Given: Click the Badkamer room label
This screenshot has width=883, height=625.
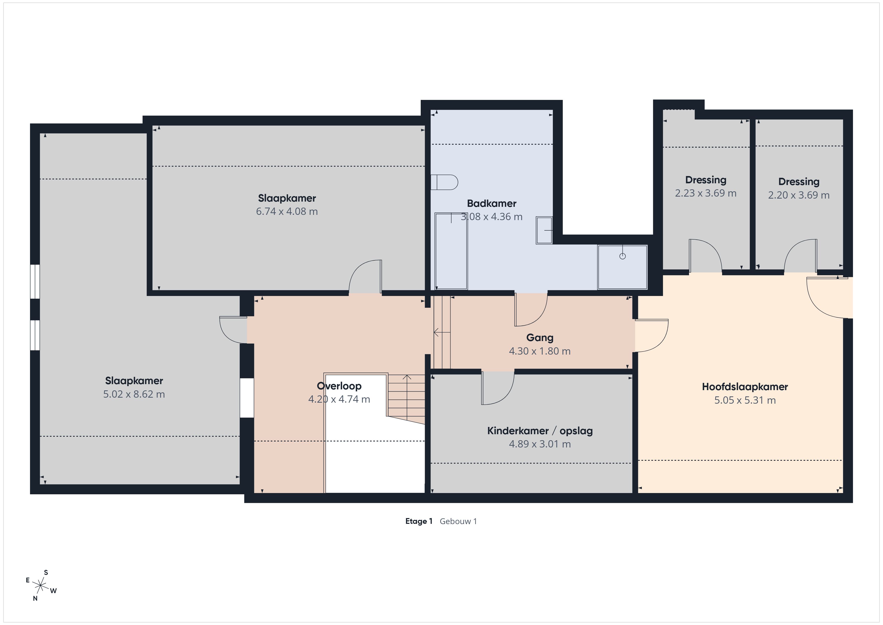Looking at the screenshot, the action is (x=492, y=203).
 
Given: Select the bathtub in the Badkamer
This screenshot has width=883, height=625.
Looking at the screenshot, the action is (x=451, y=251).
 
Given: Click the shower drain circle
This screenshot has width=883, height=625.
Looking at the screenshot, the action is (x=623, y=256).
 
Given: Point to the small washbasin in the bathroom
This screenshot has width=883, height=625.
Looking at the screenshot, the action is (x=544, y=230).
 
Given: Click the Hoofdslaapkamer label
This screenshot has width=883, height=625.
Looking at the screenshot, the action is (x=745, y=387).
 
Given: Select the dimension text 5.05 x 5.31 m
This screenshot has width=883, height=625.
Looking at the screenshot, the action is (x=745, y=400).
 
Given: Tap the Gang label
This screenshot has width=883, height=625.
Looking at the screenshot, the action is (x=540, y=338).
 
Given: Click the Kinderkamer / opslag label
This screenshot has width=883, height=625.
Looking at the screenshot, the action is (x=540, y=431).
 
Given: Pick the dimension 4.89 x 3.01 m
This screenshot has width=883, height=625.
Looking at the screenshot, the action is (x=540, y=444).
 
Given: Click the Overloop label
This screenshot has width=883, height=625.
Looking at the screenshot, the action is (x=339, y=386).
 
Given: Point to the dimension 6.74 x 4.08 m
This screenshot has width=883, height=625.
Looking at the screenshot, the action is (x=287, y=211).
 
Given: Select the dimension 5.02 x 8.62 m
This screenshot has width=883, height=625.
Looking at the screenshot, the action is (x=134, y=394).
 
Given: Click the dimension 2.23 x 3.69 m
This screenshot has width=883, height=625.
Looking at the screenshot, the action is (x=706, y=193).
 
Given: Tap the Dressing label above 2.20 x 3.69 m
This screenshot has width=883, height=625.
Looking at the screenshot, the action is (x=799, y=182).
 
